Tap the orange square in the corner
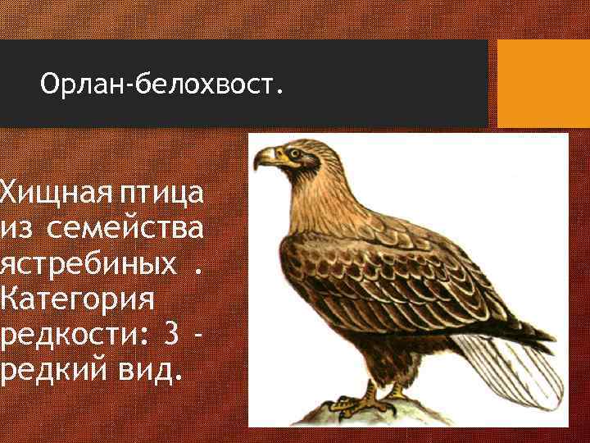pyautogui.click(x=543, y=84)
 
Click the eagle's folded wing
pyautogui.click(x=393, y=279)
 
